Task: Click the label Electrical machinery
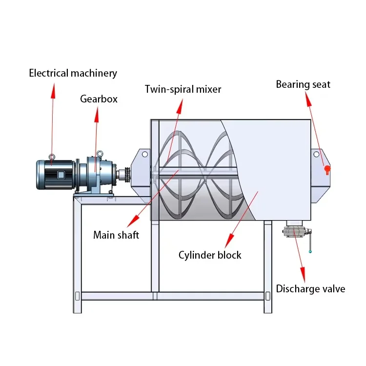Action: (73, 73)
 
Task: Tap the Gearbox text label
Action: (99, 99)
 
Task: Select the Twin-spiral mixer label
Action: (183, 89)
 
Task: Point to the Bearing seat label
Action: (303, 84)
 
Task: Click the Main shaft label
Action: (116, 235)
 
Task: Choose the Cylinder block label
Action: (210, 255)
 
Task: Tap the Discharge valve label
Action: (310, 288)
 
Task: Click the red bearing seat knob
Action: (327, 169)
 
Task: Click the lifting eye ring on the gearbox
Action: (99, 153)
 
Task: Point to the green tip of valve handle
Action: (310, 252)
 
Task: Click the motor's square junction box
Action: (61, 175)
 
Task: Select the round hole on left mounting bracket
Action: (144, 154)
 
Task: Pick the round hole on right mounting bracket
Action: (316, 154)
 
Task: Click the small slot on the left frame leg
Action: (77, 296)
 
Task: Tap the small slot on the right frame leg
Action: (268, 296)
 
